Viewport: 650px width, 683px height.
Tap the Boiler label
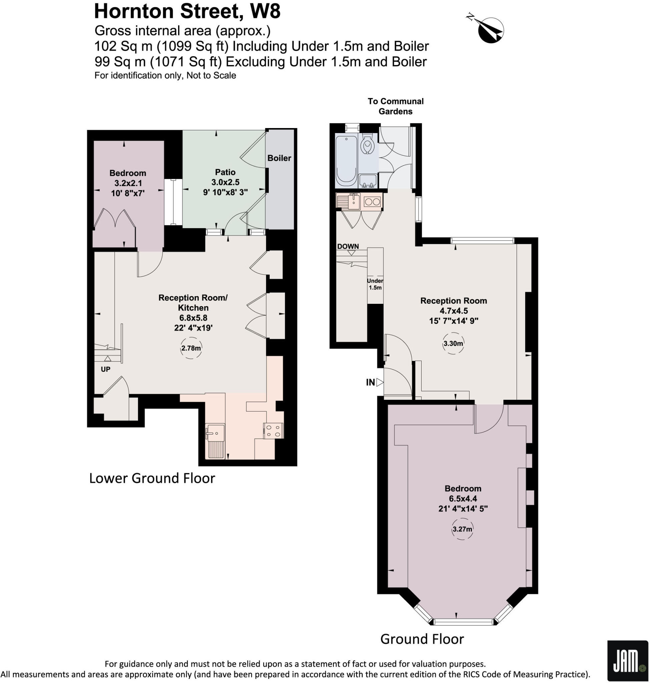(279, 158)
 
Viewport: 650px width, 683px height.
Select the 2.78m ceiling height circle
(191, 348)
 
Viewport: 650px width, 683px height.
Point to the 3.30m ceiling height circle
(453, 344)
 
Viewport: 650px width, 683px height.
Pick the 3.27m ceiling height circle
(462, 529)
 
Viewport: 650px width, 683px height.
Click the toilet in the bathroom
(367, 145)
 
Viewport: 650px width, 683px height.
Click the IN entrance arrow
(380, 382)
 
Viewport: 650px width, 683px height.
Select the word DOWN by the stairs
(348, 246)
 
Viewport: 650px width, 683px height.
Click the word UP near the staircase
(106, 370)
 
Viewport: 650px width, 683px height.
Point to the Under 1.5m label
(375, 284)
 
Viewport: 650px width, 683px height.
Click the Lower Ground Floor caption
(152, 478)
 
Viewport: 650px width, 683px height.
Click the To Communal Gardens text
(395, 106)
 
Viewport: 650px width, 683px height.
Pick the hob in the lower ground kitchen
(273, 431)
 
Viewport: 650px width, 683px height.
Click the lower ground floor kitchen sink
(215, 433)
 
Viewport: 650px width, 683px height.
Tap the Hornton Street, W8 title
(187, 11)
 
